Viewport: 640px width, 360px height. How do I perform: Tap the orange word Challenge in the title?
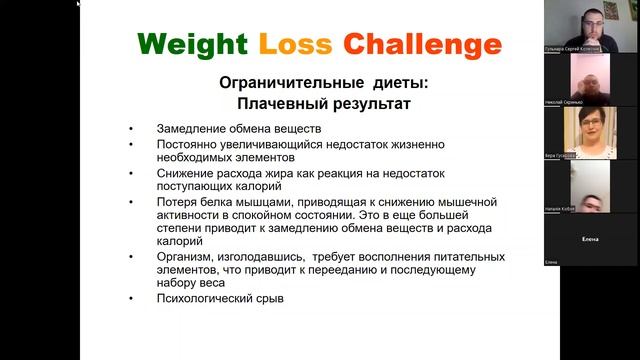pyautogui.click(x=421, y=45)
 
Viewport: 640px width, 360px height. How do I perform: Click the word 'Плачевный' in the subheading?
pyautogui.click(x=277, y=103)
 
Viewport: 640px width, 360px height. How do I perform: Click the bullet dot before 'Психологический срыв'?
pyautogui.click(x=132, y=298)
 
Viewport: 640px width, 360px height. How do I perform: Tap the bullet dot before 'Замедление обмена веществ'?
pyautogui.click(x=132, y=129)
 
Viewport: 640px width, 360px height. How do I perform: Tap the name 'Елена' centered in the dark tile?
pyautogui.click(x=589, y=239)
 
